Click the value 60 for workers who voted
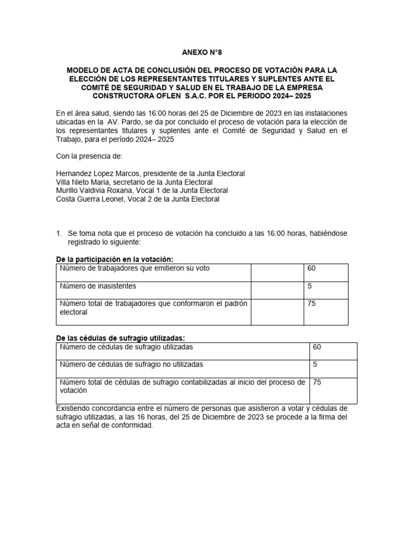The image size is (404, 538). [311, 268]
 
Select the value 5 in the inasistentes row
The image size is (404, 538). [309, 286]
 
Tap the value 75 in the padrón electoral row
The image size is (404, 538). [311, 304]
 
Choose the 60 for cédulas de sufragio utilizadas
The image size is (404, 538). [317, 347]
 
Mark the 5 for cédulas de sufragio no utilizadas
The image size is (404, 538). [315, 365]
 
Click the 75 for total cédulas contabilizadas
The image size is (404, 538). [317, 382]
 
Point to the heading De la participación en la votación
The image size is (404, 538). [114, 260]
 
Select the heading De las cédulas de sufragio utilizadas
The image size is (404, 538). [120, 338]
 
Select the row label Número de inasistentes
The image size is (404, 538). [98, 286]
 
